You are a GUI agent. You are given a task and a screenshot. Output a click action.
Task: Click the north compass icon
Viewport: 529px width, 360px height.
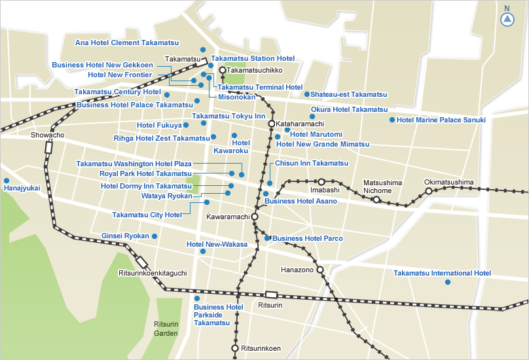point(507,20)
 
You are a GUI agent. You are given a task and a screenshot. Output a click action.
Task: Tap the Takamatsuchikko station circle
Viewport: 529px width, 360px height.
point(223,69)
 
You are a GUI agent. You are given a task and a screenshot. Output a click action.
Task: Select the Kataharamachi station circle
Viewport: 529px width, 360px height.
point(271,123)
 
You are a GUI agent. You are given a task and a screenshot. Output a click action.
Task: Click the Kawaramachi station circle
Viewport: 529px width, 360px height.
point(255,216)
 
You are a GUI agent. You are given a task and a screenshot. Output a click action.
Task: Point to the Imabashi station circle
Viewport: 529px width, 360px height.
point(321,181)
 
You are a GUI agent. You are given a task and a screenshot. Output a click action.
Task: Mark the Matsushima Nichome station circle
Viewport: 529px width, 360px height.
point(376,199)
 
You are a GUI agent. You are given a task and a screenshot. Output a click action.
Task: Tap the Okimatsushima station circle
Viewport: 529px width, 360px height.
point(429,191)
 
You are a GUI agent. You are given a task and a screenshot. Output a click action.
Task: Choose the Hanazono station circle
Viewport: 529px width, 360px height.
point(320,269)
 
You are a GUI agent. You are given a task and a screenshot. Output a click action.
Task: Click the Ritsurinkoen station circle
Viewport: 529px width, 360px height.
point(235,348)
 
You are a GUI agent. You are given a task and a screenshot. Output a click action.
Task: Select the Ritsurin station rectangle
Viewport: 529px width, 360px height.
point(271,295)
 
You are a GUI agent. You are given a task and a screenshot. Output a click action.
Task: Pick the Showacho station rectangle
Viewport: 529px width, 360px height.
point(48,147)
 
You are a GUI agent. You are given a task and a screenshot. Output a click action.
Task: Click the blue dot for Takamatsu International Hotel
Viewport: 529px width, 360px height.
point(448,282)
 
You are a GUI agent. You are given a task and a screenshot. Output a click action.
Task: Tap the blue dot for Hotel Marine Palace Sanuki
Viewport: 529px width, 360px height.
point(392,120)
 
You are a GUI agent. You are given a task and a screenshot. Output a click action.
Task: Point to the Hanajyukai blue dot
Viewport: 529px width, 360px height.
point(7,180)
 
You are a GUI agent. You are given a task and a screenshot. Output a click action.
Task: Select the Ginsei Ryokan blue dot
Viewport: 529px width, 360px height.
point(155,236)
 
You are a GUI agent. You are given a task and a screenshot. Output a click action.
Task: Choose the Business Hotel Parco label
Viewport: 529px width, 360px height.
point(307,238)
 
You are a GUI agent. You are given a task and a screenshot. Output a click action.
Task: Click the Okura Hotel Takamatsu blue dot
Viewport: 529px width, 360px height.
point(312,117)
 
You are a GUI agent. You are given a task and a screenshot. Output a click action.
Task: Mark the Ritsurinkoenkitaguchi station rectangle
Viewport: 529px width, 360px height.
point(142,262)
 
